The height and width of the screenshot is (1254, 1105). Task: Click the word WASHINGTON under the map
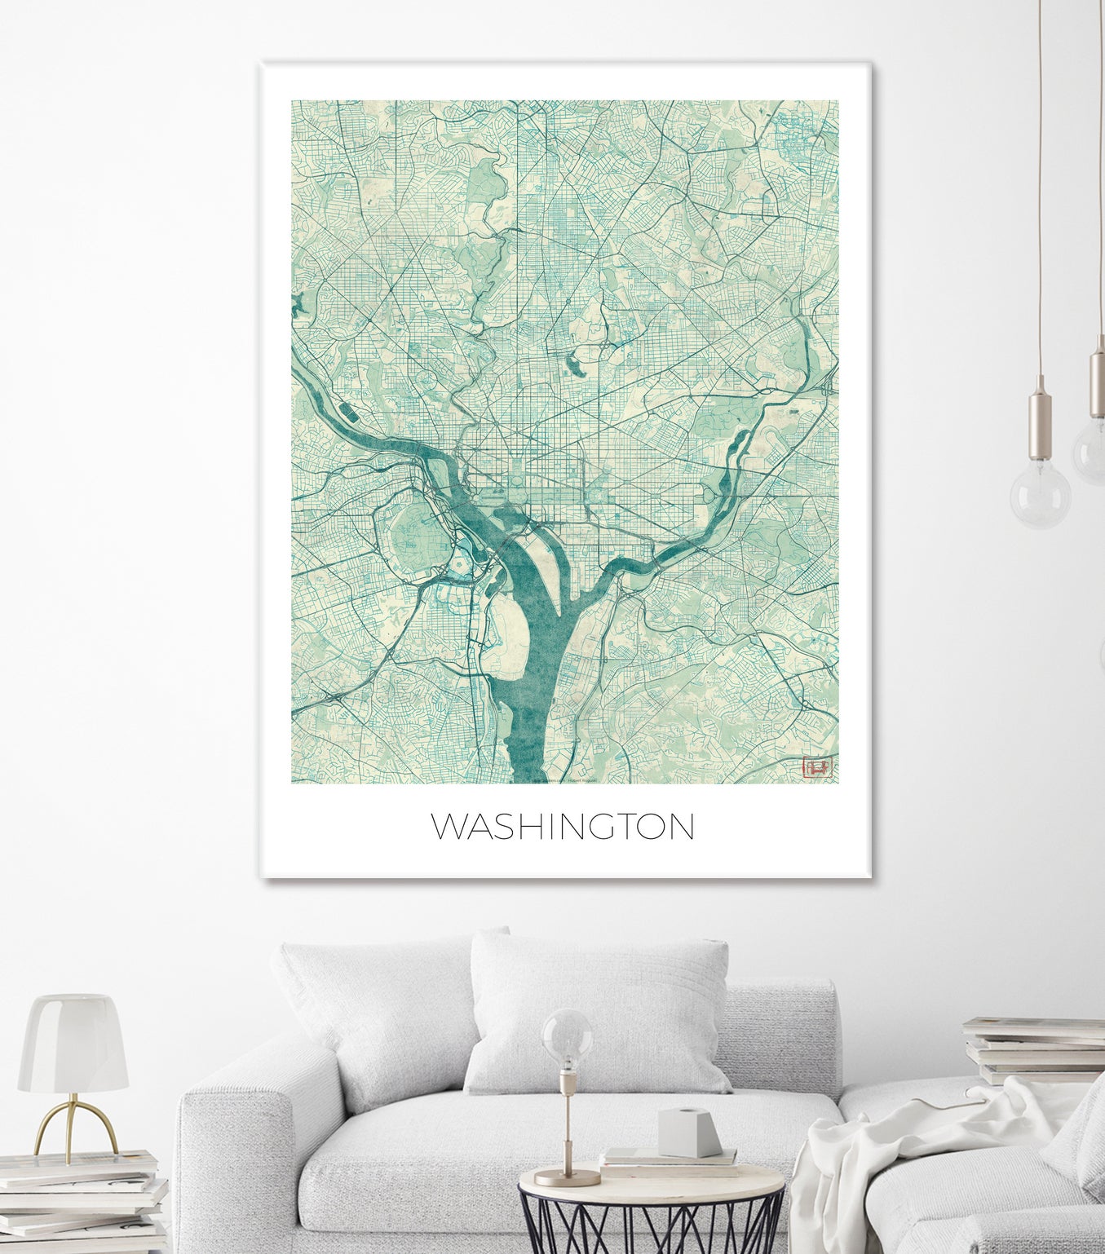click(563, 826)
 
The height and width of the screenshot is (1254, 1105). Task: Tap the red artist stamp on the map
click(817, 767)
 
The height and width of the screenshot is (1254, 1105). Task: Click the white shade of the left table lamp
click(73, 1043)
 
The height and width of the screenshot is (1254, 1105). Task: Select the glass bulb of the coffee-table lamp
click(568, 1038)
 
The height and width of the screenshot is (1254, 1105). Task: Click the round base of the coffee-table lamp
click(567, 1177)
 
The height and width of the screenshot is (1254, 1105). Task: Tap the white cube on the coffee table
click(689, 1132)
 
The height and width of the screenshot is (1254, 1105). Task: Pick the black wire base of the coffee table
click(652, 1223)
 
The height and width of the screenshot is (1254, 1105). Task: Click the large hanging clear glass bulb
click(1040, 493)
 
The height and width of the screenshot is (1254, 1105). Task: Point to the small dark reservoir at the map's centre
click(577, 362)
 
